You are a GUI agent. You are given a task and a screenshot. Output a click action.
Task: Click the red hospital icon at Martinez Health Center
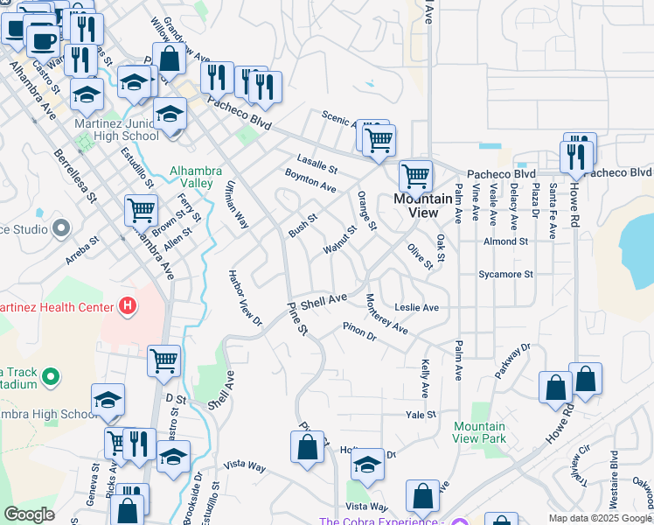click(128, 306)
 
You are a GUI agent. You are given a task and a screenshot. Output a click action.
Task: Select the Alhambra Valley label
click(196, 178)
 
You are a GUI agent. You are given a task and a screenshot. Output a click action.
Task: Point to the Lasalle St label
click(317, 163)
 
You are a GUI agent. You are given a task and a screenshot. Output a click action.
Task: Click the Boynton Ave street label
click(310, 181)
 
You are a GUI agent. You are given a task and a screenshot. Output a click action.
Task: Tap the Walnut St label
click(340, 241)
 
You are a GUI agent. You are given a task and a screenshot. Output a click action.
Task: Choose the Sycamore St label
click(505, 274)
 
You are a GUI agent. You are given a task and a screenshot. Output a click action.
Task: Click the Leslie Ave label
click(416, 308)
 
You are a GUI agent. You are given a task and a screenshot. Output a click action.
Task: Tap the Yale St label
click(421, 414)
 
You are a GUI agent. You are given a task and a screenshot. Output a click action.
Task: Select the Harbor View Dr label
click(245, 303)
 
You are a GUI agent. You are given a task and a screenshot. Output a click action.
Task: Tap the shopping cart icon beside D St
click(164, 360)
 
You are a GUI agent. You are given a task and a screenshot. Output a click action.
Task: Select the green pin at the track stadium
click(51, 378)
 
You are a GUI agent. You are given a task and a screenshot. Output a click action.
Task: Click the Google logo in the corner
click(29, 514)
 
